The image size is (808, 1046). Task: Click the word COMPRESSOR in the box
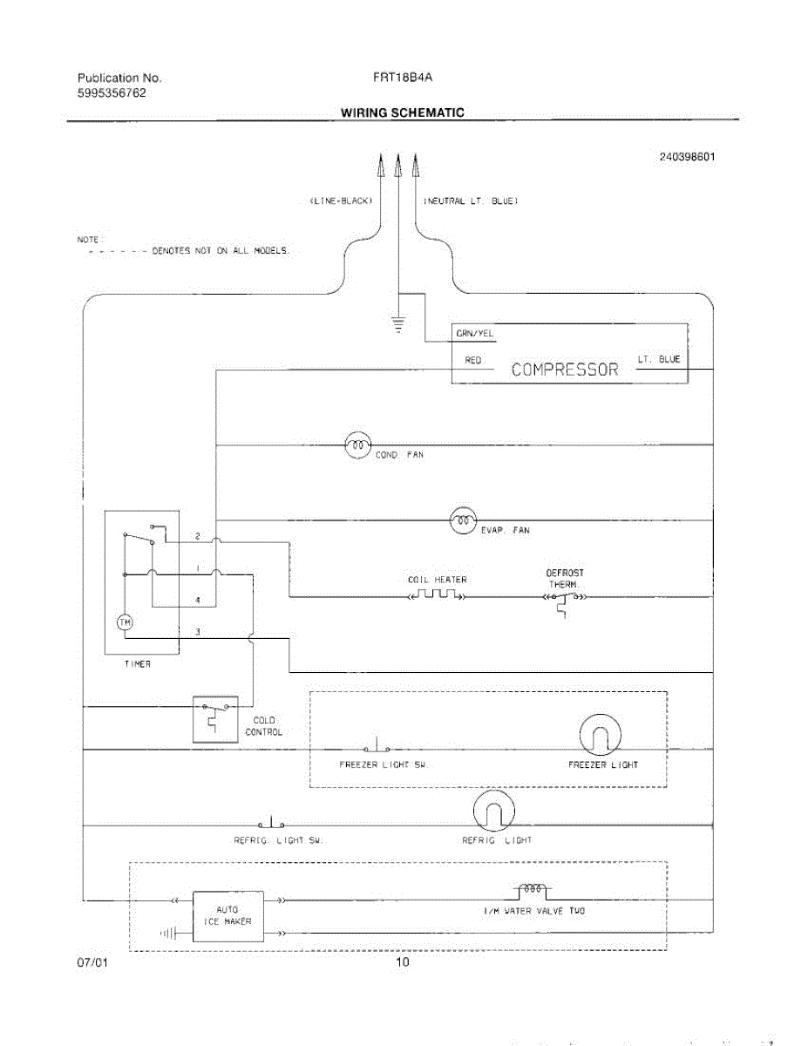565,370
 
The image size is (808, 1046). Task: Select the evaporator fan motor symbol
463,520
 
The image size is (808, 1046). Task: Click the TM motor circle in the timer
125,621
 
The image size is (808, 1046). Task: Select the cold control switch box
214,719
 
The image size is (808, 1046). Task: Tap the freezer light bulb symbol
600,736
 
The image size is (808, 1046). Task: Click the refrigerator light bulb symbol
493,813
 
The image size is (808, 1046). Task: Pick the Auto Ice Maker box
227,916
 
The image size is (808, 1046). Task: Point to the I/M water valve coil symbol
532,890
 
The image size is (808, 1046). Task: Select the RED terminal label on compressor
473,359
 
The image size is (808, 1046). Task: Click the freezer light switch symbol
376,747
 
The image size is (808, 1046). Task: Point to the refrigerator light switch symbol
271,823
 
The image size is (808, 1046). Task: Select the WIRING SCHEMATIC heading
402,112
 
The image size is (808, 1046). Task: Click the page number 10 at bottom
402,962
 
